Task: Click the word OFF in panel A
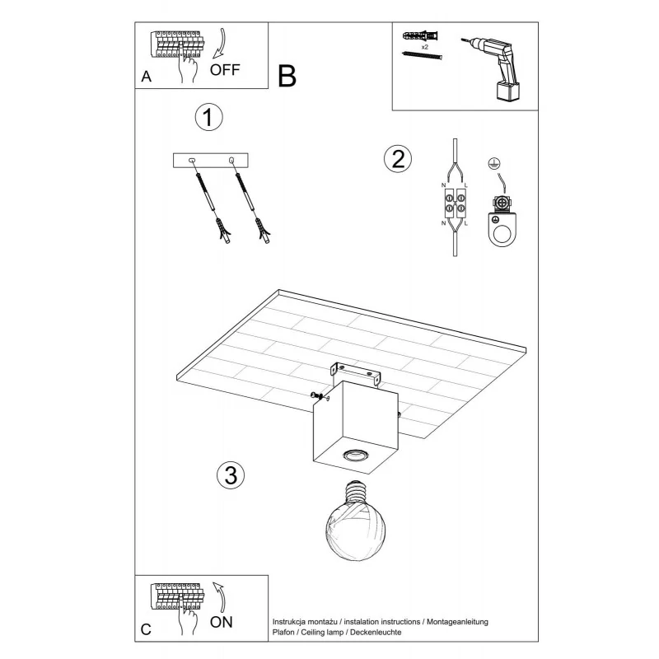(x=225, y=70)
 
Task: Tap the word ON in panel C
(x=221, y=622)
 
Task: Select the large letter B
(x=287, y=76)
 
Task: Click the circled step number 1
(x=209, y=117)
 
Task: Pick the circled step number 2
(x=398, y=159)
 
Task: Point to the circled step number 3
(x=231, y=475)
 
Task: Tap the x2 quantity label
(x=425, y=48)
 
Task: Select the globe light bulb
(x=356, y=521)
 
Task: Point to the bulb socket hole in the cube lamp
(x=355, y=455)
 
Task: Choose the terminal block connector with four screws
(x=456, y=203)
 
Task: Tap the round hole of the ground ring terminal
(x=502, y=234)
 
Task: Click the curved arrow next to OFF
(x=221, y=44)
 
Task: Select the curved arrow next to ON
(x=220, y=597)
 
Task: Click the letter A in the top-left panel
(x=147, y=77)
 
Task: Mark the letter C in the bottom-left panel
(x=146, y=629)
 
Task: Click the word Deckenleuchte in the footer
(x=376, y=632)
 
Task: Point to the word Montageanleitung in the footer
(x=458, y=622)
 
